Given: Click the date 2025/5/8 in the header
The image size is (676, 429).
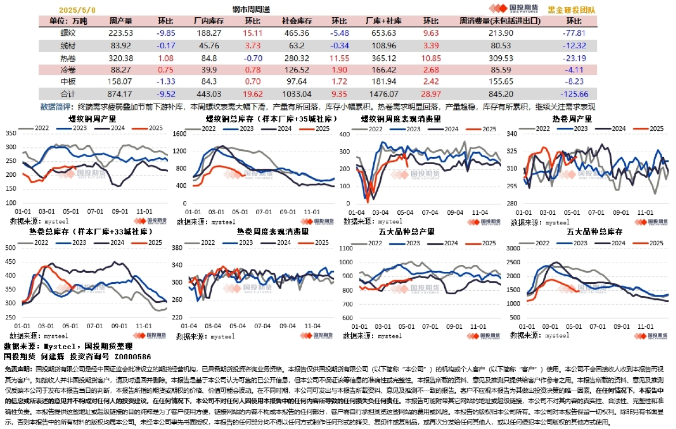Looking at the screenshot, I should tap(78, 10).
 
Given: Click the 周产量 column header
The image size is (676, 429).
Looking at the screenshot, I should tap(121, 21).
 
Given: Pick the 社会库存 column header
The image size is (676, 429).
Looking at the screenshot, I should tap(297, 21).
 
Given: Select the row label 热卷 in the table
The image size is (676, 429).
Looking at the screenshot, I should tap(67, 58).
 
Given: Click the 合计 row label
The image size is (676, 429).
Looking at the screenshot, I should tap(67, 94).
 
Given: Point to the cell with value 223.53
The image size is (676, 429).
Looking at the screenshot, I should tap(121, 33).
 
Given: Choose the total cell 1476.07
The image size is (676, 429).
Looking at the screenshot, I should tap(384, 94).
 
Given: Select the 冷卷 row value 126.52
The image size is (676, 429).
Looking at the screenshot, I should tap(297, 70).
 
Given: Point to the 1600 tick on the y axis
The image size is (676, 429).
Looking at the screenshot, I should tap(180, 134).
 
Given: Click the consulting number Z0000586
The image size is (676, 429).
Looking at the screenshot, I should tap(130, 356).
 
